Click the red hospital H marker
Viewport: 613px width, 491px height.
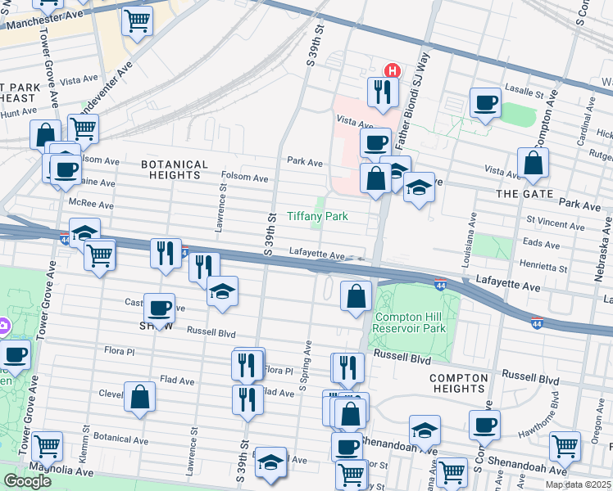392,70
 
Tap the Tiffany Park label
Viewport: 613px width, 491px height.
318,217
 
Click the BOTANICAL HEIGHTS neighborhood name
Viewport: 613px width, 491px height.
175,169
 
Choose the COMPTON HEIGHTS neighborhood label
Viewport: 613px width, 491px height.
458,382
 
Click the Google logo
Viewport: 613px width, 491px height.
27,481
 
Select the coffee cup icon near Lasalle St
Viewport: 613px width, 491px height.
485,102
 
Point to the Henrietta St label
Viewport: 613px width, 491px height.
543,267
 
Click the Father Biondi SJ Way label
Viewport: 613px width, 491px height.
411,101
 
